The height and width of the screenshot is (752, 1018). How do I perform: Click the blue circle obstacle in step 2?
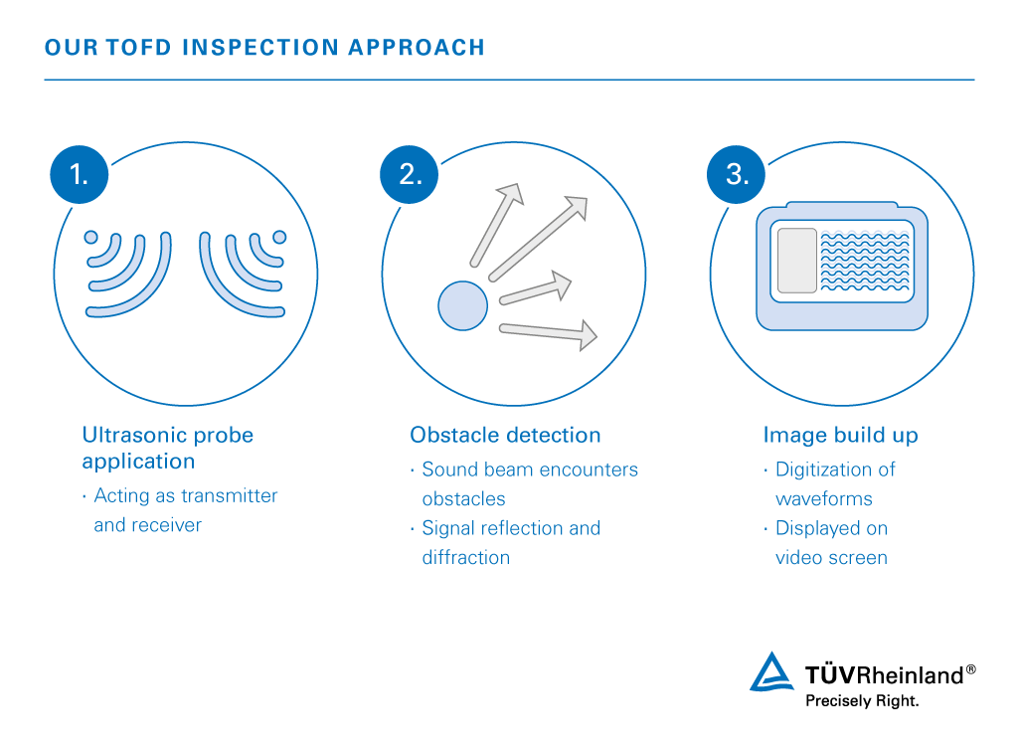point(462,304)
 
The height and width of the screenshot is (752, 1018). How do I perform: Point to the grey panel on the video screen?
point(796,261)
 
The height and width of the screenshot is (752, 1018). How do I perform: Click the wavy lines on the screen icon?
point(864,262)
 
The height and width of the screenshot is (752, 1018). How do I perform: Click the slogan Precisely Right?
point(861,700)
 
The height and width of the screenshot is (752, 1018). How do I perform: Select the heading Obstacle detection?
point(505,435)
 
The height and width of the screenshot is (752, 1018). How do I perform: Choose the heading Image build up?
point(840,435)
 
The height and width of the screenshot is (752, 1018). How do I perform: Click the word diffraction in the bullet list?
point(465,557)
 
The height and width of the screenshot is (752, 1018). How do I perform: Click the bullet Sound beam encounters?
point(530,470)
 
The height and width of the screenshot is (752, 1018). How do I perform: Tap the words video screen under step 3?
point(831,557)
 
